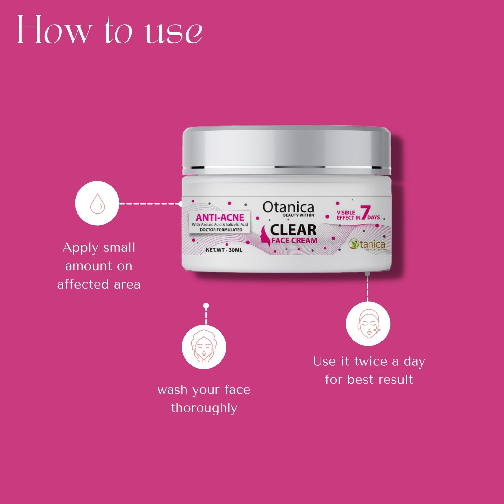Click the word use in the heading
[x=174, y=33]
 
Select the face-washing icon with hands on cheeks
[x=204, y=347]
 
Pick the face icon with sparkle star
[x=368, y=324]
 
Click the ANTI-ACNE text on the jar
[x=220, y=217]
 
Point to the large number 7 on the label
[x=365, y=213]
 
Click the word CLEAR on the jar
[x=293, y=230]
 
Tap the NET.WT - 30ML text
[x=224, y=250]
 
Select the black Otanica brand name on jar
[x=288, y=207]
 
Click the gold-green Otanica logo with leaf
[x=368, y=244]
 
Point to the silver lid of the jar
[x=287, y=148]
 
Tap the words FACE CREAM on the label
[x=294, y=241]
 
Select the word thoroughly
[x=204, y=408]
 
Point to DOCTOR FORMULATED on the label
[x=221, y=230]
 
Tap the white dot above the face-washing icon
[x=206, y=306]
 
